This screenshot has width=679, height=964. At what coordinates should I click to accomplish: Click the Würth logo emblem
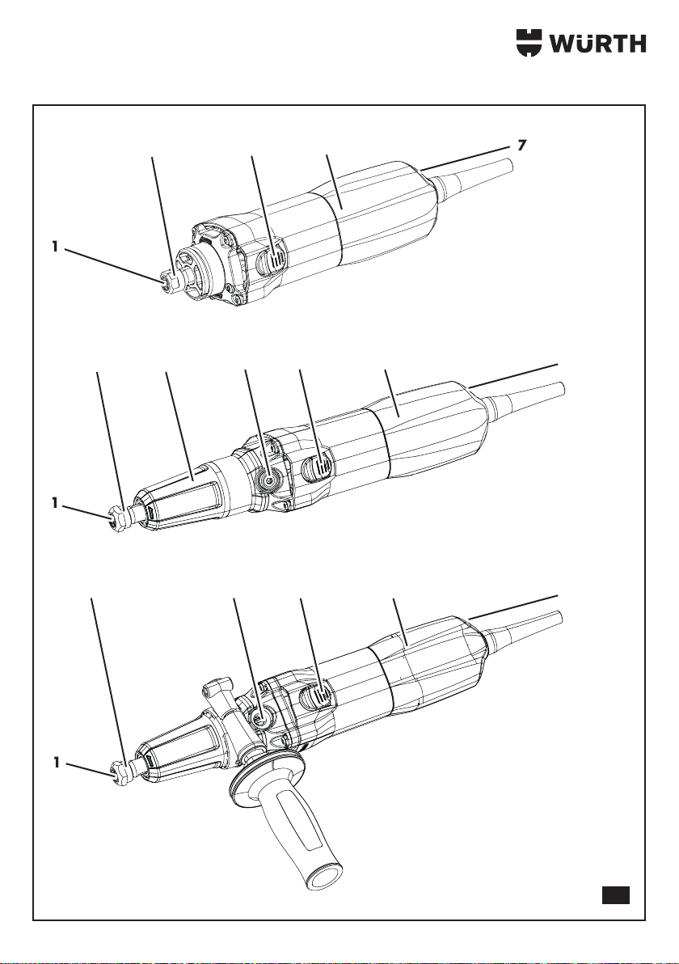pyautogui.click(x=529, y=42)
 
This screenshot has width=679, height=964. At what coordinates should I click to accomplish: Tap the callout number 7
pyautogui.click(x=521, y=146)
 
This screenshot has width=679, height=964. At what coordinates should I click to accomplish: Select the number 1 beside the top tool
pyautogui.click(x=55, y=247)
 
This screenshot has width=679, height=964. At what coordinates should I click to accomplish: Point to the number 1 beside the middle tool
pyautogui.click(x=55, y=503)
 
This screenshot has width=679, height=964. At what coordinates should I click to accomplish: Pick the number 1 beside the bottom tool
pyautogui.click(x=56, y=763)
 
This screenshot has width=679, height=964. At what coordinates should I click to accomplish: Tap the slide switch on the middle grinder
pyautogui.click(x=316, y=468)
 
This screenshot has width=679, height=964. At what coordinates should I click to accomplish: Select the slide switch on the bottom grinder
pyautogui.click(x=316, y=698)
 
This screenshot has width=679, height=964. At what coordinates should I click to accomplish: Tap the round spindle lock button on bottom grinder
pyautogui.click(x=263, y=716)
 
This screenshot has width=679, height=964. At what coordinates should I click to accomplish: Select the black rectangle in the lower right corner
pyautogui.click(x=616, y=894)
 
